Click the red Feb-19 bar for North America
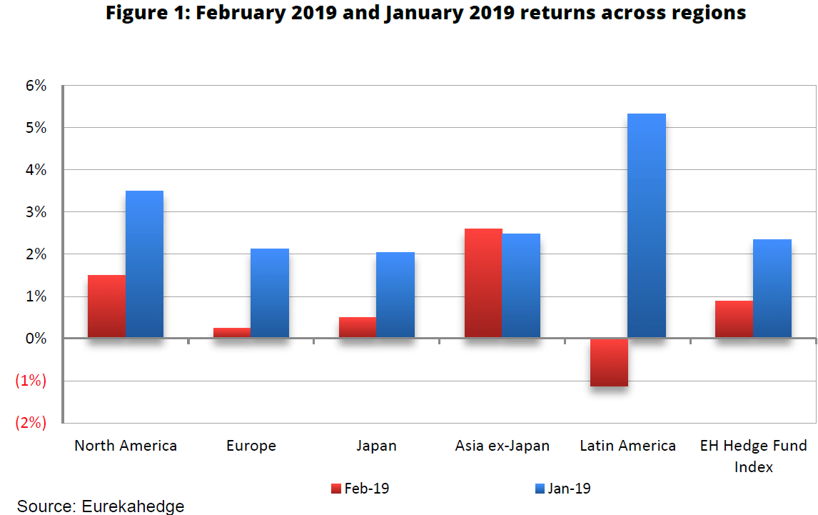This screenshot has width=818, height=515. (x=106, y=306)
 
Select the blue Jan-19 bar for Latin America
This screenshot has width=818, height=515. (x=647, y=226)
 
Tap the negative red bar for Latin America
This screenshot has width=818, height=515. (x=609, y=363)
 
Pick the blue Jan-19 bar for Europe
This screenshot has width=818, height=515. (x=270, y=293)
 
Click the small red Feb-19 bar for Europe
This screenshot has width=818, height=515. (x=232, y=333)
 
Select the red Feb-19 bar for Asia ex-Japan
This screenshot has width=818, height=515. (x=483, y=284)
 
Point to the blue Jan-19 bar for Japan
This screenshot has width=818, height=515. (x=395, y=295)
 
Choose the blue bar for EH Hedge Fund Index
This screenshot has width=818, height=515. (x=772, y=289)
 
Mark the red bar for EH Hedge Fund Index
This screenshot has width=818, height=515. (x=734, y=319)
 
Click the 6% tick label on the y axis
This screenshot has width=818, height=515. (x=35, y=86)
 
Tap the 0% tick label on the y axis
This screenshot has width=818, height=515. (x=35, y=339)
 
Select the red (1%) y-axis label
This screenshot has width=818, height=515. (x=31, y=381)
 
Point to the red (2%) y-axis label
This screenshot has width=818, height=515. (x=31, y=423)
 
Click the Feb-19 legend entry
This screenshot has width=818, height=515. (x=360, y=489)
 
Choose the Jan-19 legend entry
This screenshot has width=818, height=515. (x=562, y=489)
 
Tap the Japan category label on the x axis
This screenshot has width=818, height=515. (x=376, y=446)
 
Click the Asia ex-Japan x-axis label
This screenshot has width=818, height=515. (x=503, y=446)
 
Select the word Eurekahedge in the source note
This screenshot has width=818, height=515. (x=133, y=506)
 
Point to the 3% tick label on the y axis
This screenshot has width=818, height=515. (x=35, y=212)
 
